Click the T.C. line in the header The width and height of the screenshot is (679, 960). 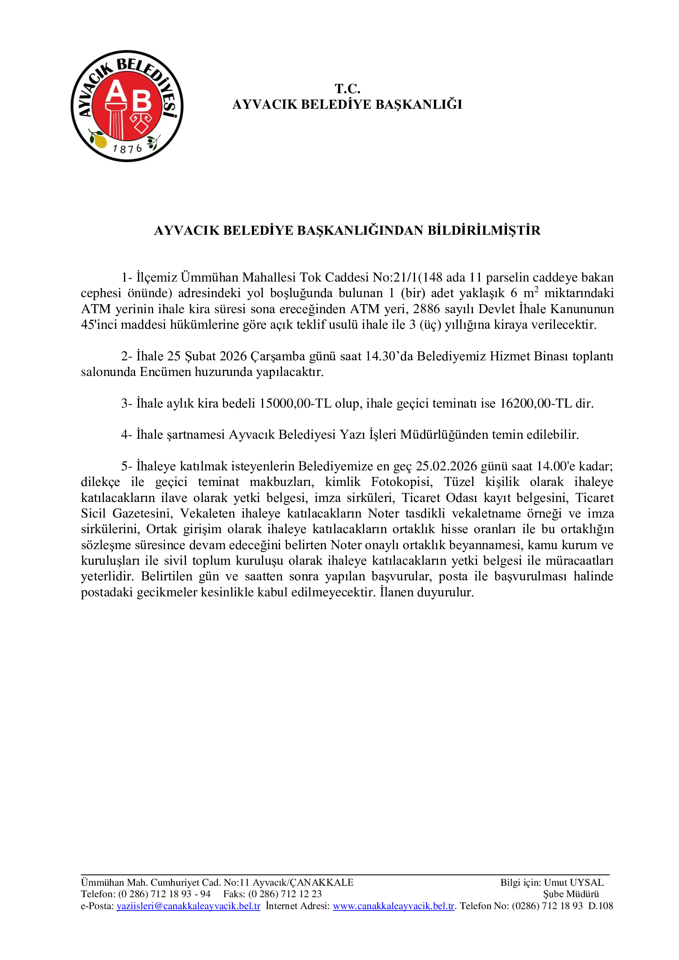347,89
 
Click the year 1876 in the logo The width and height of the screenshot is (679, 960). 127,149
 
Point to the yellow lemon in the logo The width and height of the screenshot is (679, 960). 99,140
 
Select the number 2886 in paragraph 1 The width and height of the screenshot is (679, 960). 426,309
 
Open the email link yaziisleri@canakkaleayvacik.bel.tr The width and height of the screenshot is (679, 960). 188,906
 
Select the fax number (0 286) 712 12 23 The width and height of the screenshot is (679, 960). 285,894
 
